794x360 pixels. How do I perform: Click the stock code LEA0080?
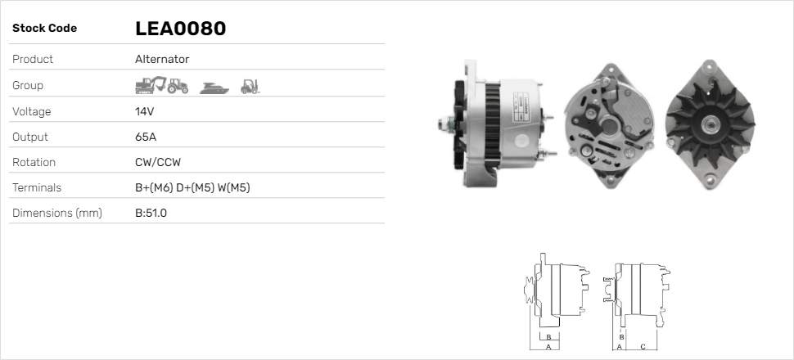coord(180,29)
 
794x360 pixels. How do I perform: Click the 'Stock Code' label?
coord(44,29)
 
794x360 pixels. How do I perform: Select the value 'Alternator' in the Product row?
coord(162,59)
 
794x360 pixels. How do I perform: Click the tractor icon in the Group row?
coord(178,85)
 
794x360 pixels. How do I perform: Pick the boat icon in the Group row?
coord(211,86)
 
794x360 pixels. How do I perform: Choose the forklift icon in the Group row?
coord(250,85)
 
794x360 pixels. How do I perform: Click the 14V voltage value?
coord(145,111)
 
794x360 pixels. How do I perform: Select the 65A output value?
coord(146,137)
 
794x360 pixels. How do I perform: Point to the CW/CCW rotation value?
coord(157,162)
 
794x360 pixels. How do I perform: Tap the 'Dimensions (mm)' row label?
coord(56,214)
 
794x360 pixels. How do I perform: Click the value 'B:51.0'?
coord(151,214)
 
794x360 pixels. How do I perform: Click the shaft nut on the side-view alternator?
coord(447,124)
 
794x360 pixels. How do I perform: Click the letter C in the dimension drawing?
coord(643,347)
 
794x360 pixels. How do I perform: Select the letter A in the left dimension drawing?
coord(547,347)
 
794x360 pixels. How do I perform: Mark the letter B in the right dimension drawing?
coord(622,337)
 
